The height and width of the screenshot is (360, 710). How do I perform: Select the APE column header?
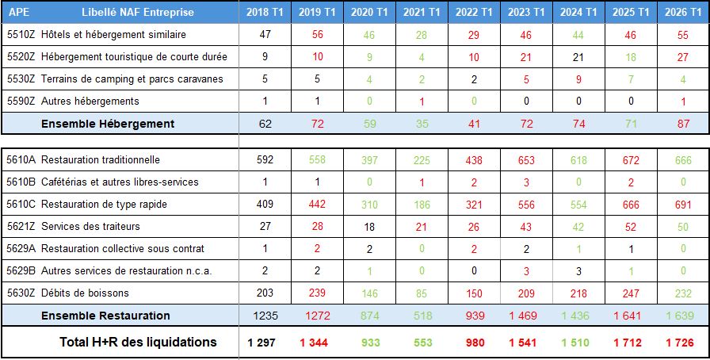click(20, 12)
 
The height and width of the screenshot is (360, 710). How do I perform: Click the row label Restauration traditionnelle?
click(101, 159)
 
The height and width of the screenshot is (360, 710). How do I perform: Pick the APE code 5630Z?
click(20, 293)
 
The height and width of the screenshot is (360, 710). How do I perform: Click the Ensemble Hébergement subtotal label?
click(108, 124)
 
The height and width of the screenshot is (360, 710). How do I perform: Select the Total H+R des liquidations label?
click(138, 343)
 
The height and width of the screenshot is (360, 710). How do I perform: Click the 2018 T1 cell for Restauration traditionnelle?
click(265, 159)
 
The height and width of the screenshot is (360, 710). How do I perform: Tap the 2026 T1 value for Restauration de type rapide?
click(683, 204)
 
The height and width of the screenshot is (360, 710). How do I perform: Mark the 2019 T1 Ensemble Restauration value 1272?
click(317, 316)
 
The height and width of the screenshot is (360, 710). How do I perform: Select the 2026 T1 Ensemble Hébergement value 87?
click(683, 124)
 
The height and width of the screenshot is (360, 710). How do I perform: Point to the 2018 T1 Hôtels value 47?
click(265, 35)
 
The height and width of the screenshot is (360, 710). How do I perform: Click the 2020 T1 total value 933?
click(369, 343)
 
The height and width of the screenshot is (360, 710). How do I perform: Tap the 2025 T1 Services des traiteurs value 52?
click(631, 226)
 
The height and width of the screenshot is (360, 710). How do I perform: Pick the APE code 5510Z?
click(20, 35)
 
